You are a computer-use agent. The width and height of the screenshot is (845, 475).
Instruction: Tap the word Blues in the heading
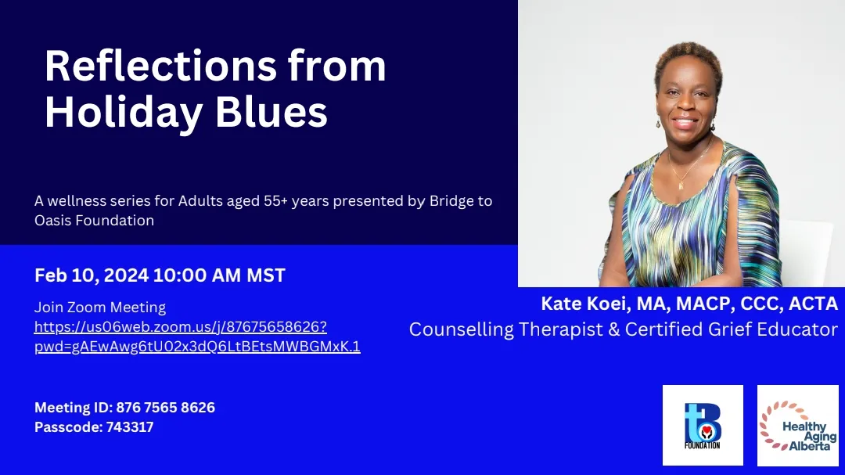pos(271,112)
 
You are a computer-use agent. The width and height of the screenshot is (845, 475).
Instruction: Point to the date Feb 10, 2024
pos(91,275)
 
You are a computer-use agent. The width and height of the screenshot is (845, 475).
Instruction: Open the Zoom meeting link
pos(197,336)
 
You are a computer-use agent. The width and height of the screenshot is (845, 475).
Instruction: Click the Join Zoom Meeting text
pos(99,308)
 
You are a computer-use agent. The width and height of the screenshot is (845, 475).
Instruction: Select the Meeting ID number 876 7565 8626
pos(165,407)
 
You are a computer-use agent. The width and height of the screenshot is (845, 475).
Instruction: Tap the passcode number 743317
pos(130,427)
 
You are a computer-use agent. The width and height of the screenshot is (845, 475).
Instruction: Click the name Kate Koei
pos(585,304)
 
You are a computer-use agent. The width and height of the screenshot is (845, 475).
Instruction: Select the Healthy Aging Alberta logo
pos(797,426)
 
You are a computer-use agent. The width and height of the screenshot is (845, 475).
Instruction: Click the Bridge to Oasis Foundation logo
pos(703,426)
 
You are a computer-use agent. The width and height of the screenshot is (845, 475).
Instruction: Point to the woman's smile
pos(685,121)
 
